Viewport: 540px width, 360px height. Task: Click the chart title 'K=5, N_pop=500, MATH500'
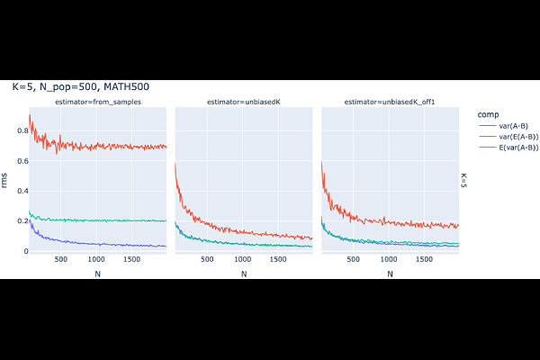pos(80,86)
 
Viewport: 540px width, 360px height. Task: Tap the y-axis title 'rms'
pos(5,181)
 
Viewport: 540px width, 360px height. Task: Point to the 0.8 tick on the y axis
pos(19,131)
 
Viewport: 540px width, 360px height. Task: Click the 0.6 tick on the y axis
pos(19,162)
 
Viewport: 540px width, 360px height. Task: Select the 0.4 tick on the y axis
pos(19,192)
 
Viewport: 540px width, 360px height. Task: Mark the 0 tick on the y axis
pos(22,251)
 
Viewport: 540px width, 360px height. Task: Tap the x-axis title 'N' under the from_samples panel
pos(97,274)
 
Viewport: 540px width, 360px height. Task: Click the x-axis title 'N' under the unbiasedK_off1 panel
pos(390,274)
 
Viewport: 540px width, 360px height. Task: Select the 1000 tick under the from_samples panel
pos(96,260)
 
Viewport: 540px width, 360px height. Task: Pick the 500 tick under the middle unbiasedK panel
pos(208,260)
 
